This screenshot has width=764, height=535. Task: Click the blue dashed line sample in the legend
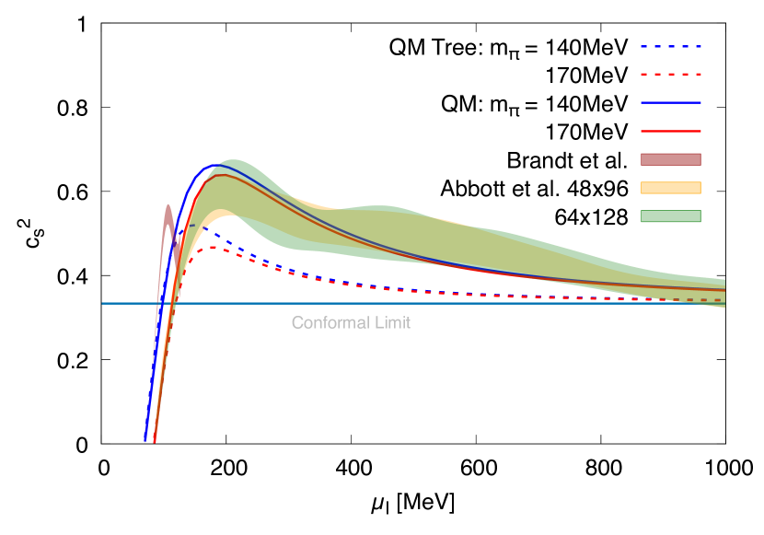[x=670, y=46]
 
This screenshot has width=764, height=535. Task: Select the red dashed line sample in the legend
[x=670, y=75]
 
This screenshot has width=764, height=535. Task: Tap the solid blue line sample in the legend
[x=670, y=103]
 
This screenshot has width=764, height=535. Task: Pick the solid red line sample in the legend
[x=670, y=131]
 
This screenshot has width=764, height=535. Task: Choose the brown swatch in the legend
[x=670, y=159]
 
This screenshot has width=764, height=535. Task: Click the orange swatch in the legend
[x=670, y=188]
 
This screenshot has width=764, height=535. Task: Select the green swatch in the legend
[x=670, y=216]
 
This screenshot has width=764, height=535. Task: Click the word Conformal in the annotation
[x=324, y=323]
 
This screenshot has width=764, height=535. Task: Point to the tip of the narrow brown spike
[x=168, y=205]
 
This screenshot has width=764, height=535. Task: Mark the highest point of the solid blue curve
[x=215, y=165]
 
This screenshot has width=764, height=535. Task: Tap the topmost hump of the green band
[x=233, y=160]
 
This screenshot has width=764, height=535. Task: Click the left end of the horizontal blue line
[x=103, y=303]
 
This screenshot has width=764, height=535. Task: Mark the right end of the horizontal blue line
[x=723, y=303]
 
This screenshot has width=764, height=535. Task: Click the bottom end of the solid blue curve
[x=145, y=441]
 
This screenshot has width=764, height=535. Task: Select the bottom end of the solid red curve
[x=154, y=442]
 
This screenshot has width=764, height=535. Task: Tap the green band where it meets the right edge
[x=723, y=293]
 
